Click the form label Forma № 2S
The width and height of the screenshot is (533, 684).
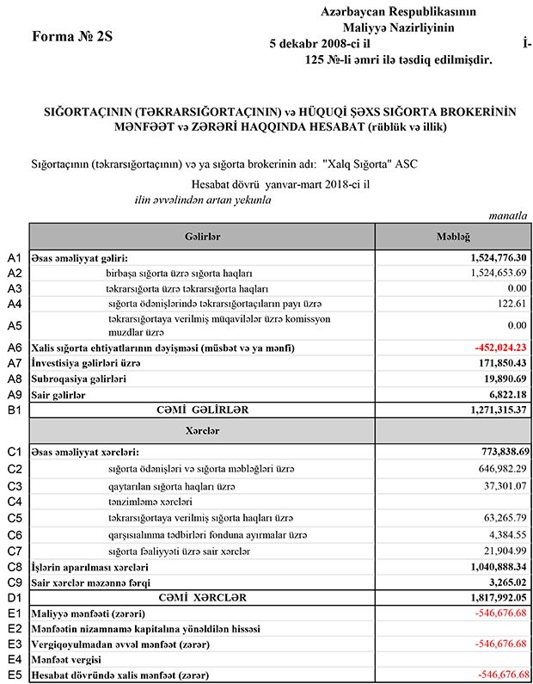pyautogui.click(x=72, y=37)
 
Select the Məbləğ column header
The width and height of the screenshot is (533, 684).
pyautogui.click(x=453, y=236)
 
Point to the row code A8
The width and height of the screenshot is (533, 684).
pyautogui.click(x=14, y=379)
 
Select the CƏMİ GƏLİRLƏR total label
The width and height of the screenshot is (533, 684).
pyautogui.click(x=202, y=410)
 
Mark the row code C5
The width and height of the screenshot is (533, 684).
pyautogui.click(x=14, y=518)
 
